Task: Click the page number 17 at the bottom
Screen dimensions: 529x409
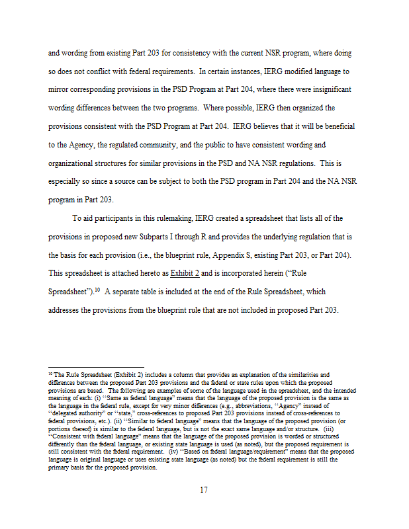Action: tap(204, 490)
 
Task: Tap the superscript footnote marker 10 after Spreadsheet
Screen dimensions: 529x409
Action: tap(95, 289)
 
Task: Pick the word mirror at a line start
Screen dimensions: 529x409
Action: tap(61, 89)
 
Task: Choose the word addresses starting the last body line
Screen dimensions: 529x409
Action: tap(68, 311)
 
